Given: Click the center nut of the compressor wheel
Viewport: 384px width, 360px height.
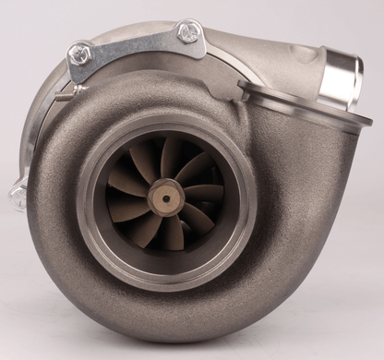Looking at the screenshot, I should click(167, 197).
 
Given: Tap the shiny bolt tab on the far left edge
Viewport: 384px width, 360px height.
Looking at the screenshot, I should click(18, 196).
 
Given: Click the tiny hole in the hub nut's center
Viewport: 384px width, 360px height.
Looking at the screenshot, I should click(167, 197).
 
